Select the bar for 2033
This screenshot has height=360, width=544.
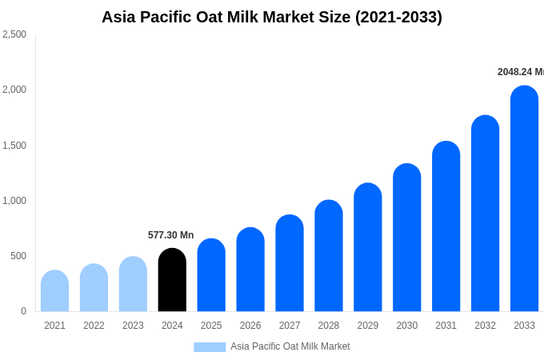[x=524, y=200]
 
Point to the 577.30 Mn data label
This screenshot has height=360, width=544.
[x=170, y=235]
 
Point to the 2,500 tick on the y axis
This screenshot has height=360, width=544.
[x=14, y=34]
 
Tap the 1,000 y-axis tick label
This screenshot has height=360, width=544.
[x=14, y=201]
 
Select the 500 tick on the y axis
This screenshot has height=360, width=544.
[x=18, y=256]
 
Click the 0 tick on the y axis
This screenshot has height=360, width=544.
[x=23, y=311]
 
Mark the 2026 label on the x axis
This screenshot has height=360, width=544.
[x=250, y=326]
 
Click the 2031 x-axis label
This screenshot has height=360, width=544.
[x=446, y=326]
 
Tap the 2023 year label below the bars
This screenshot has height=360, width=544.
[x=133, y=326]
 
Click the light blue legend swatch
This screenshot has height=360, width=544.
[x=210, y=346]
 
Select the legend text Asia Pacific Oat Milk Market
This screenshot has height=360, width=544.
[x=290, y=346]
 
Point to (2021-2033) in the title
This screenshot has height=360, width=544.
[x=400, y=17]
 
